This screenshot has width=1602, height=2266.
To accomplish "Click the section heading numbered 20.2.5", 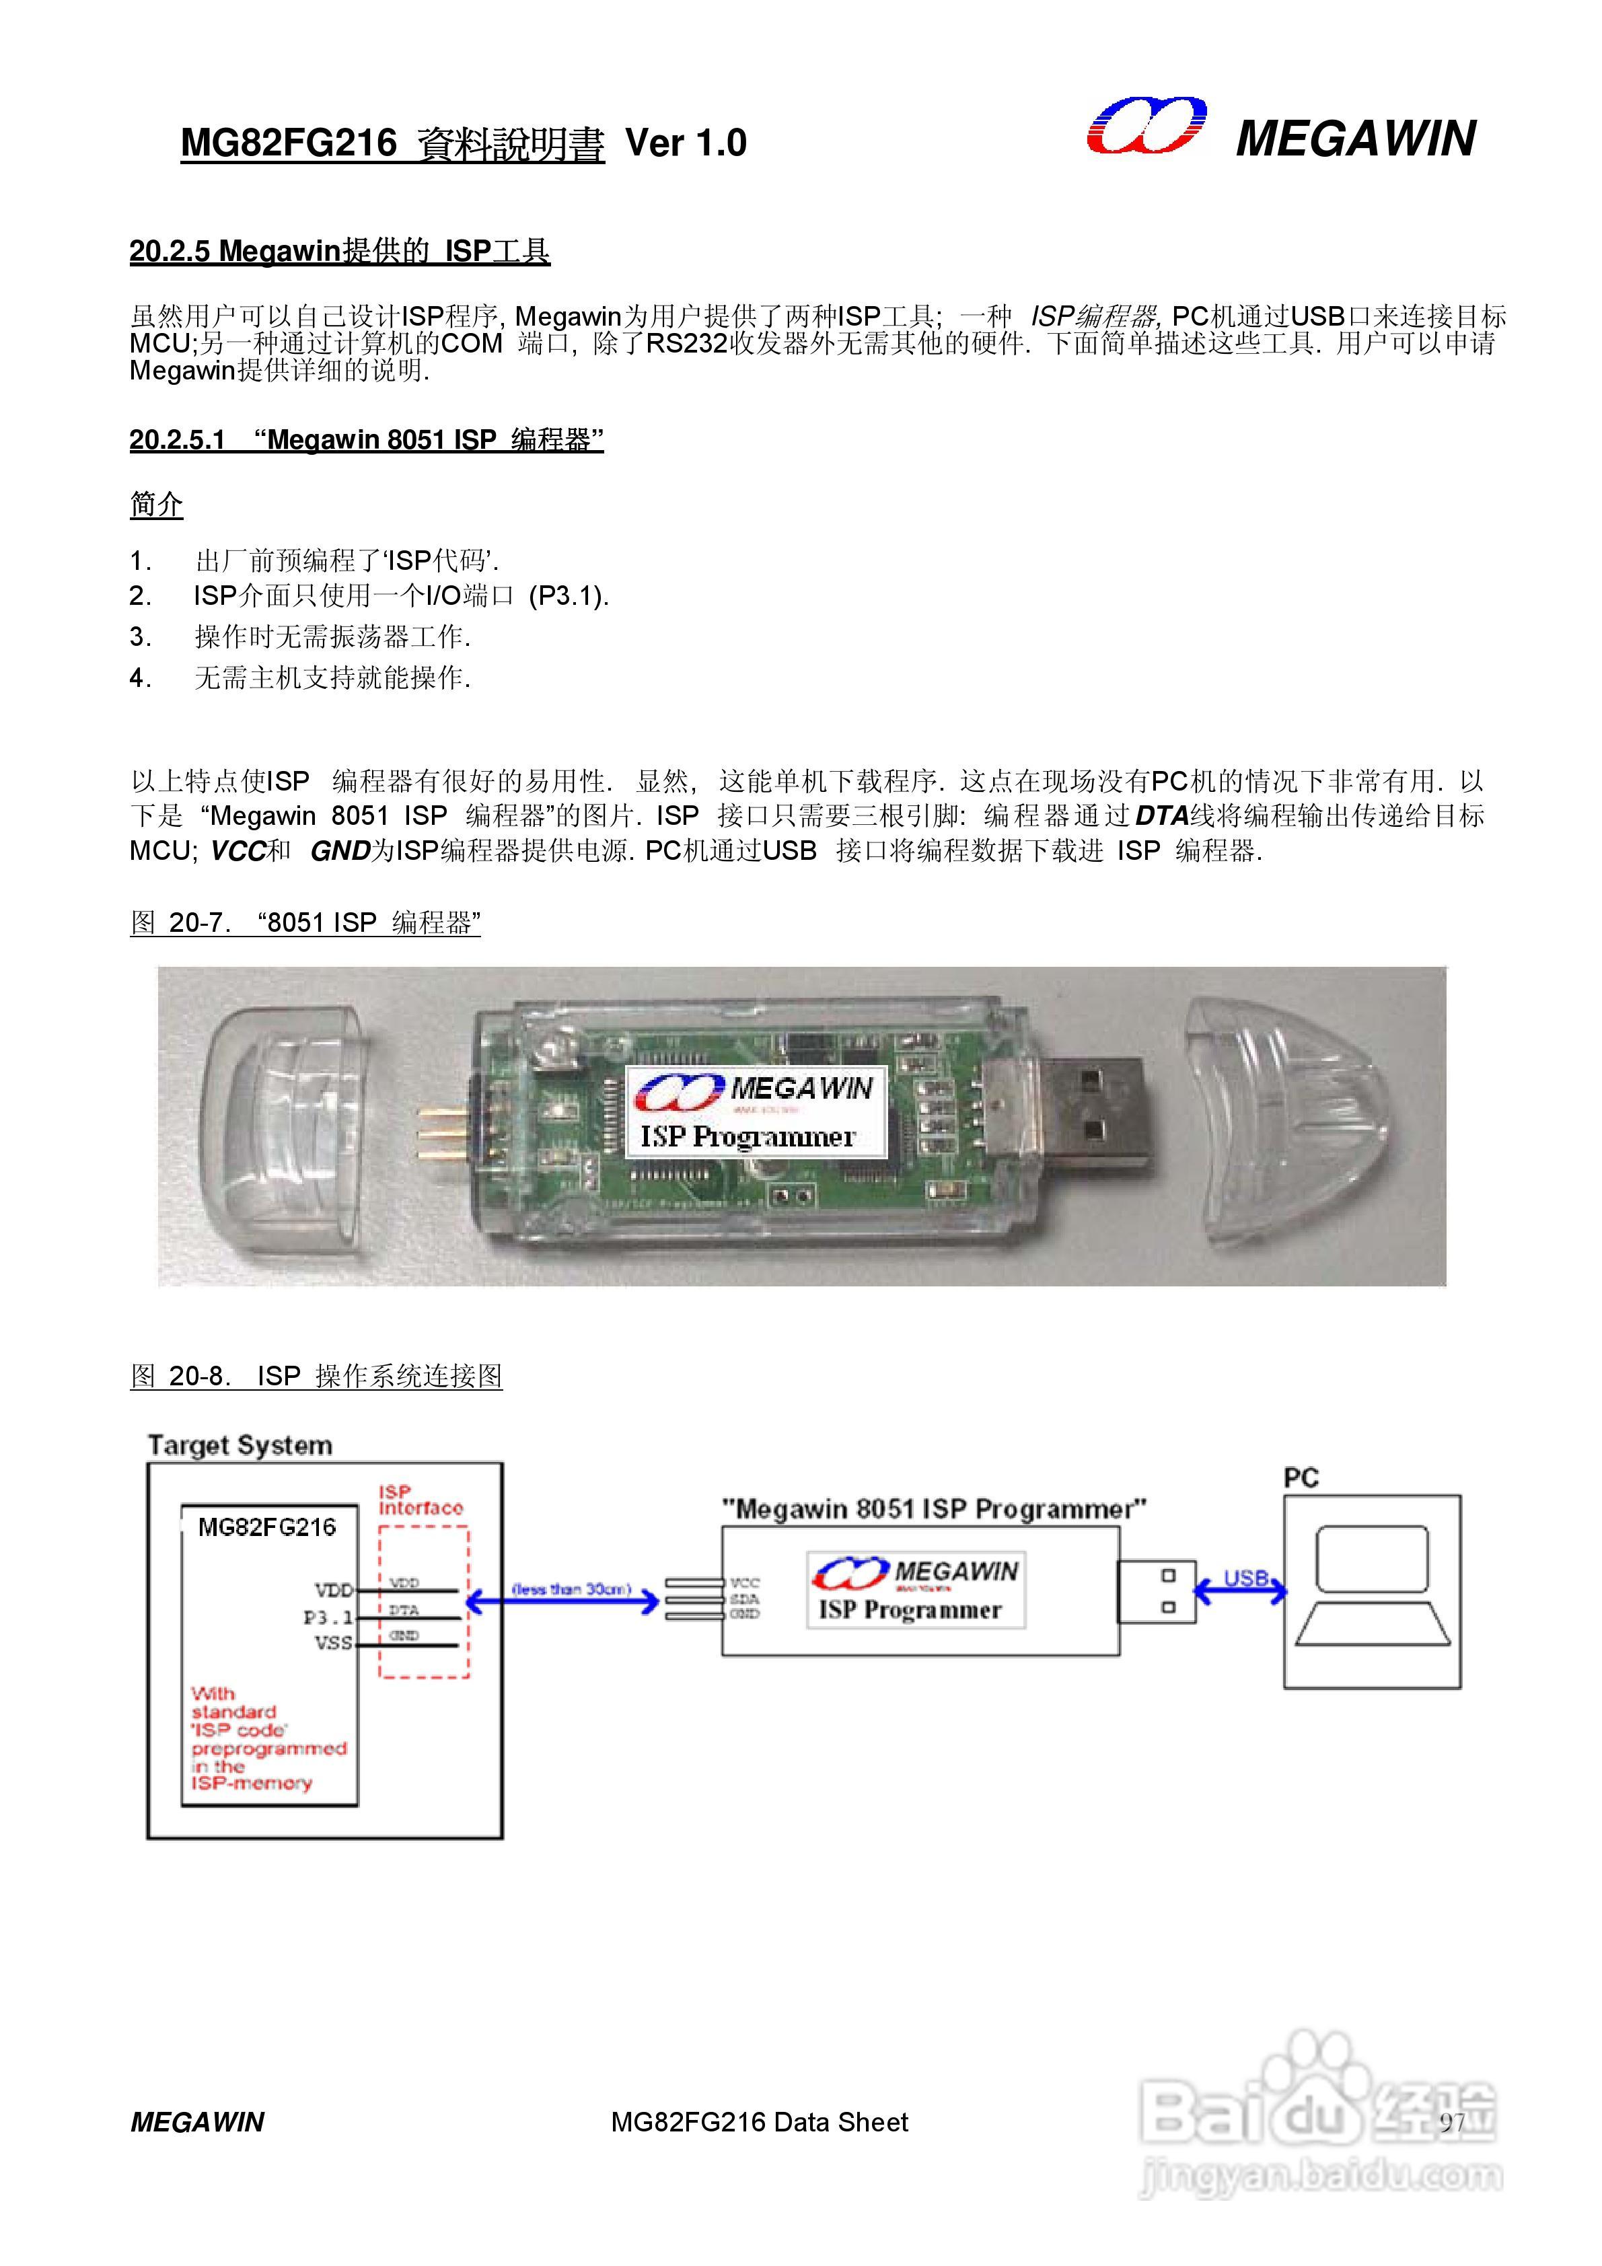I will (340, 252).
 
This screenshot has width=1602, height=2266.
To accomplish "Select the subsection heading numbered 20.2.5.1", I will (366, 440).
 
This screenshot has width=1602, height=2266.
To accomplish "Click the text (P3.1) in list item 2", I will (569, 596).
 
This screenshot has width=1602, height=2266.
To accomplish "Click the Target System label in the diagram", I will (240, 1446).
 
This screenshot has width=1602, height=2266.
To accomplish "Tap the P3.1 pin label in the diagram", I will (328, 1617).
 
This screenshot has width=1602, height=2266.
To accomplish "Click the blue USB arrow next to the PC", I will (1241, 1590).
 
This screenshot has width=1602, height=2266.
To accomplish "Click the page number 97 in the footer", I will (1451, 2122).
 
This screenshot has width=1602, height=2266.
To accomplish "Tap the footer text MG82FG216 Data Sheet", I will (759, 2122).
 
